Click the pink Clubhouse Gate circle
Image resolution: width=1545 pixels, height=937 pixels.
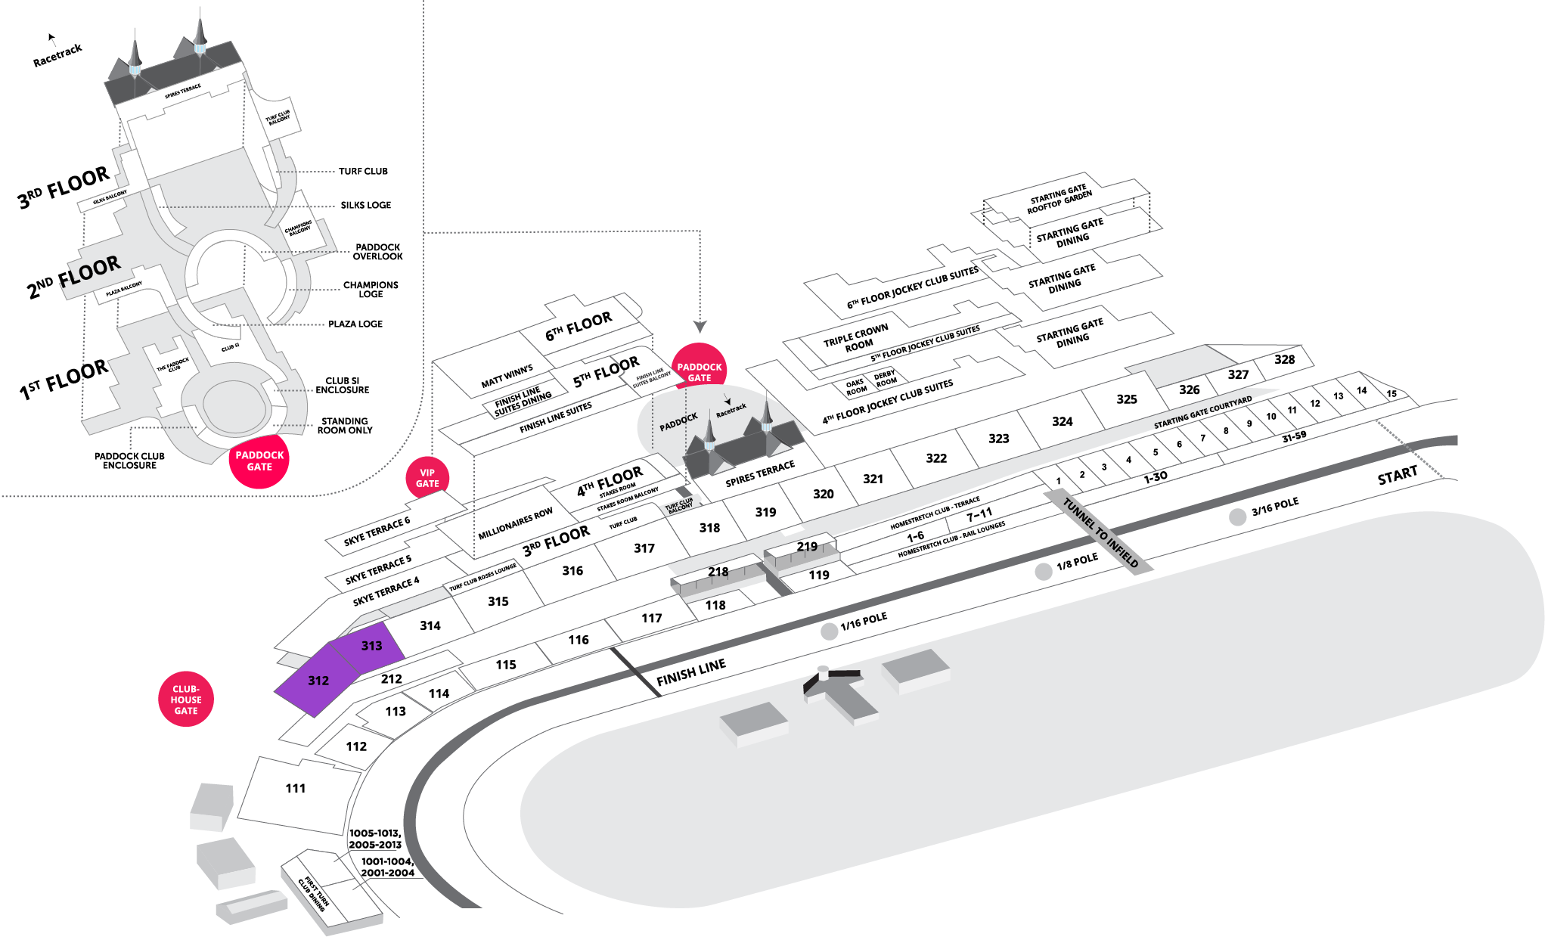[186, 700]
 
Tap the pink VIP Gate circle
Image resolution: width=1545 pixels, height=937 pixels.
[427, 478]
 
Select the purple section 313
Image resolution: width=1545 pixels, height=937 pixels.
[370, 647]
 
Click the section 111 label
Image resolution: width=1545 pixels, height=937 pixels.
[296, 788]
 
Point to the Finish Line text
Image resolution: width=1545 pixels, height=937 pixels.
[690, 672]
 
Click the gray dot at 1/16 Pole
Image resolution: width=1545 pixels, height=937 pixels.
[830, 631]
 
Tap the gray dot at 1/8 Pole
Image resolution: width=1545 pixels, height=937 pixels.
[1044, 571]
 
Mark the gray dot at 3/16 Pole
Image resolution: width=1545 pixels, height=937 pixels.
[1237, 517]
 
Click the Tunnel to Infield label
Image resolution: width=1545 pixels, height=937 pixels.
[1100, 532]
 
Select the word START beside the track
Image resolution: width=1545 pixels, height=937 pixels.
[1397, 476]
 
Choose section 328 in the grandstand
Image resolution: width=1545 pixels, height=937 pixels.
[1284, 359]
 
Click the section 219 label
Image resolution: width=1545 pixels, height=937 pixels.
[806, 546]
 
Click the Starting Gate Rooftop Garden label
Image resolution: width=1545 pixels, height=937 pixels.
[1059, 199]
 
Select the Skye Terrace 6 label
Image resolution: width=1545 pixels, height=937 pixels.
[377, 531]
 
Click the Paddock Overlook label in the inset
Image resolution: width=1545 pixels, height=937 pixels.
[378, 252]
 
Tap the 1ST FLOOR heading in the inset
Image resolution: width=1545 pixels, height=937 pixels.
[64, 380]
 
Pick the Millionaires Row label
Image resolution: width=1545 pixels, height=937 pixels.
[515, 524]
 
